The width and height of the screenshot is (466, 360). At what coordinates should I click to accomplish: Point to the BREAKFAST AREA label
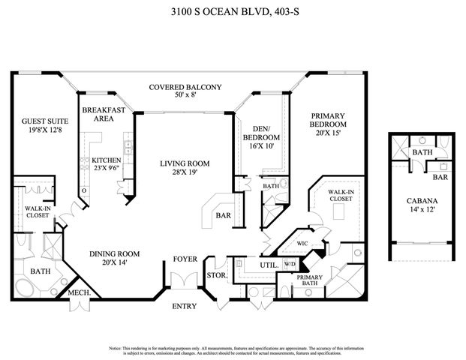(98, 114)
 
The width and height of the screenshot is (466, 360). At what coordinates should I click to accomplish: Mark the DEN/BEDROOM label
(261, 133)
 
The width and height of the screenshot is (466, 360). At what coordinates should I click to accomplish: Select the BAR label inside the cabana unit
(440, 178)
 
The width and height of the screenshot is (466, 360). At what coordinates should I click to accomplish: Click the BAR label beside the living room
(223, 216)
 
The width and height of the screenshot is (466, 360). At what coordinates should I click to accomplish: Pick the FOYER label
(185, 259)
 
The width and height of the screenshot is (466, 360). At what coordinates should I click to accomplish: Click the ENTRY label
(185, 305)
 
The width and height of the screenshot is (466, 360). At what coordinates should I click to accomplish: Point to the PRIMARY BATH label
(310, 280)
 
